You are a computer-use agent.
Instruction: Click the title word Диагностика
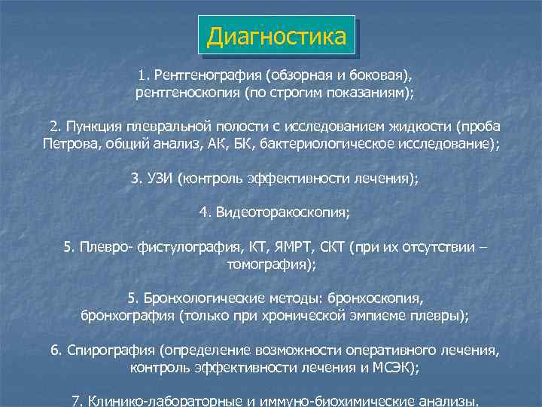tap(276, 36)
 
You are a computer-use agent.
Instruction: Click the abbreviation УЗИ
tap(159, 179)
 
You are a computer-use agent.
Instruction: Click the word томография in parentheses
tap(269, 265)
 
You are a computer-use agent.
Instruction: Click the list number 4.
tap(203, 213)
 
